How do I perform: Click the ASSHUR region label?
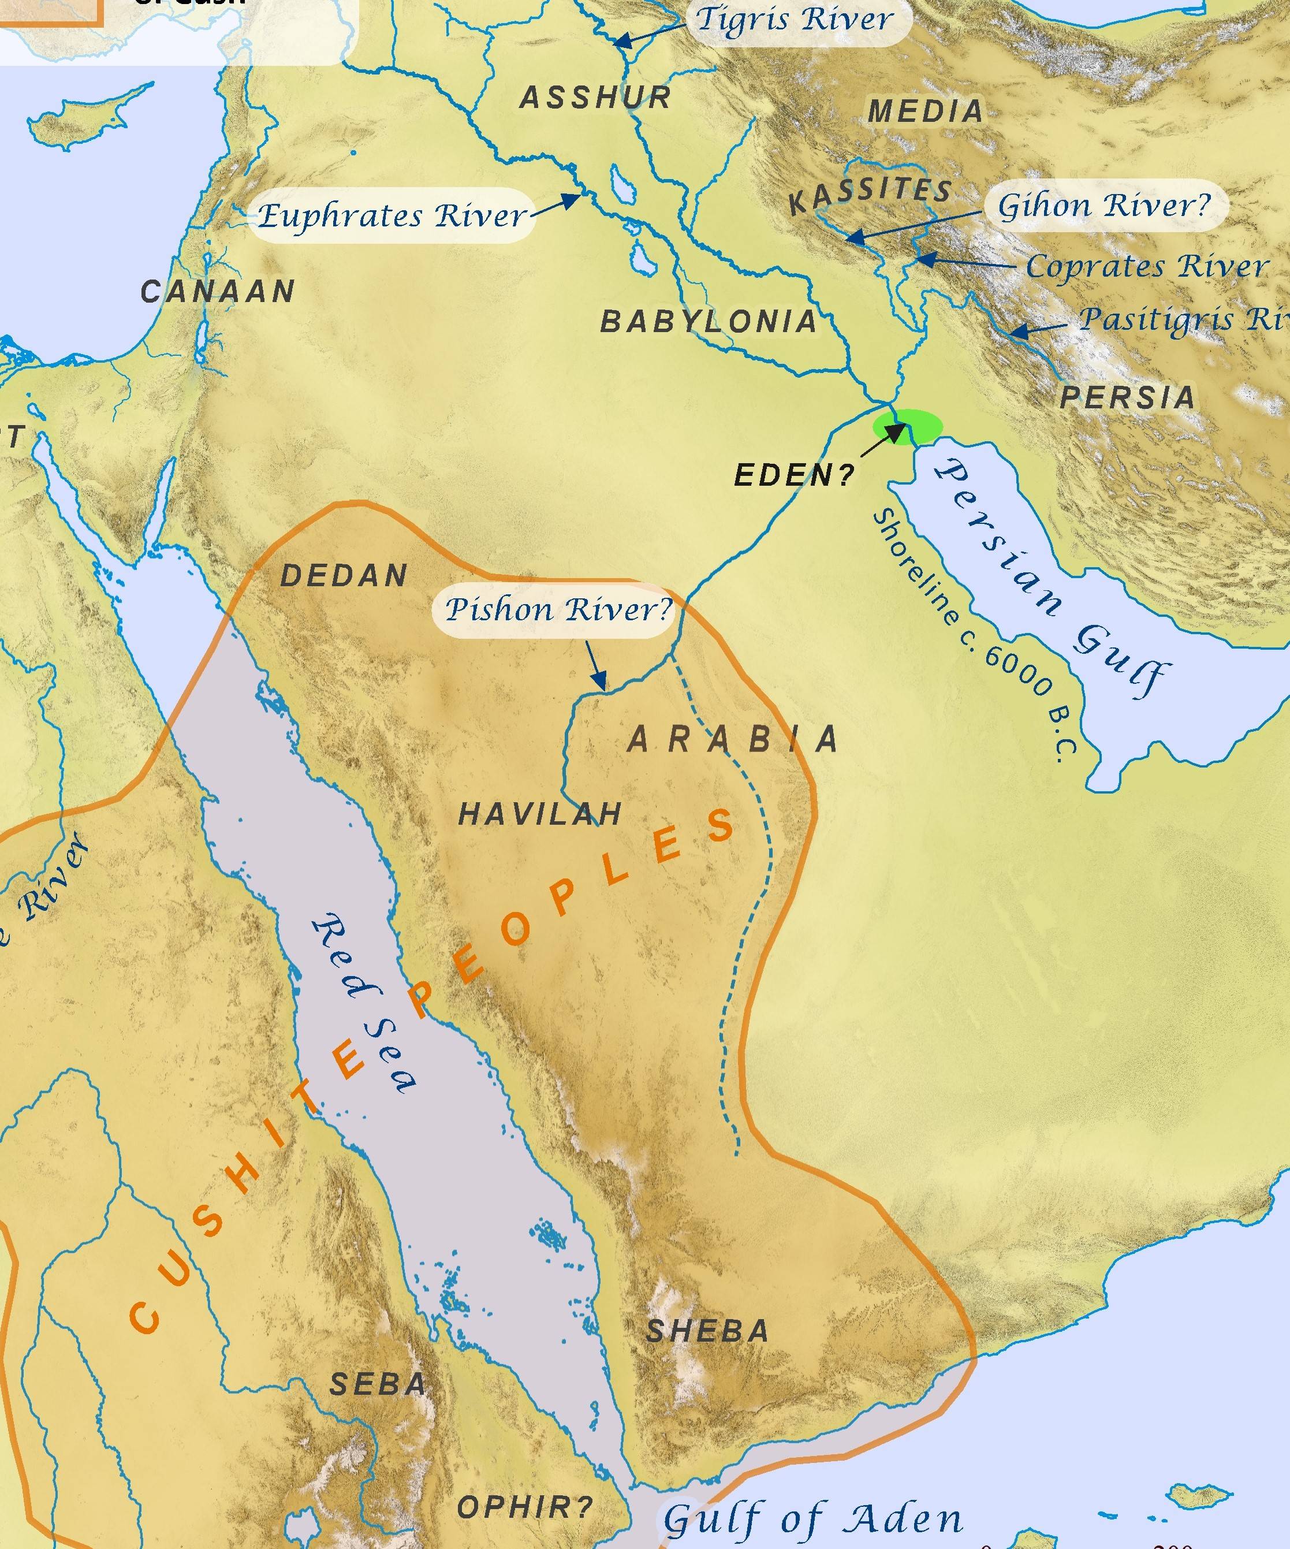coord(595,98)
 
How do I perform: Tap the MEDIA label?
coord(926,112)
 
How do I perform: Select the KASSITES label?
coord(870,195)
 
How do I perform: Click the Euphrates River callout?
coord(392,216)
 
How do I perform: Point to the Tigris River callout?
coord(795,19)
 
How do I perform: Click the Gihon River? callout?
coord(1104,205)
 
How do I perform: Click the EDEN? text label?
coord(793,476)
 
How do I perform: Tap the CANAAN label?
coord(218,292)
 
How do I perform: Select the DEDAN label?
coord(344,576)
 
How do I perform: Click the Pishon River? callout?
coord(558,610)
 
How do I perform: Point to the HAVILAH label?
coord(540,814)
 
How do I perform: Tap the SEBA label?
coord(378,1384)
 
